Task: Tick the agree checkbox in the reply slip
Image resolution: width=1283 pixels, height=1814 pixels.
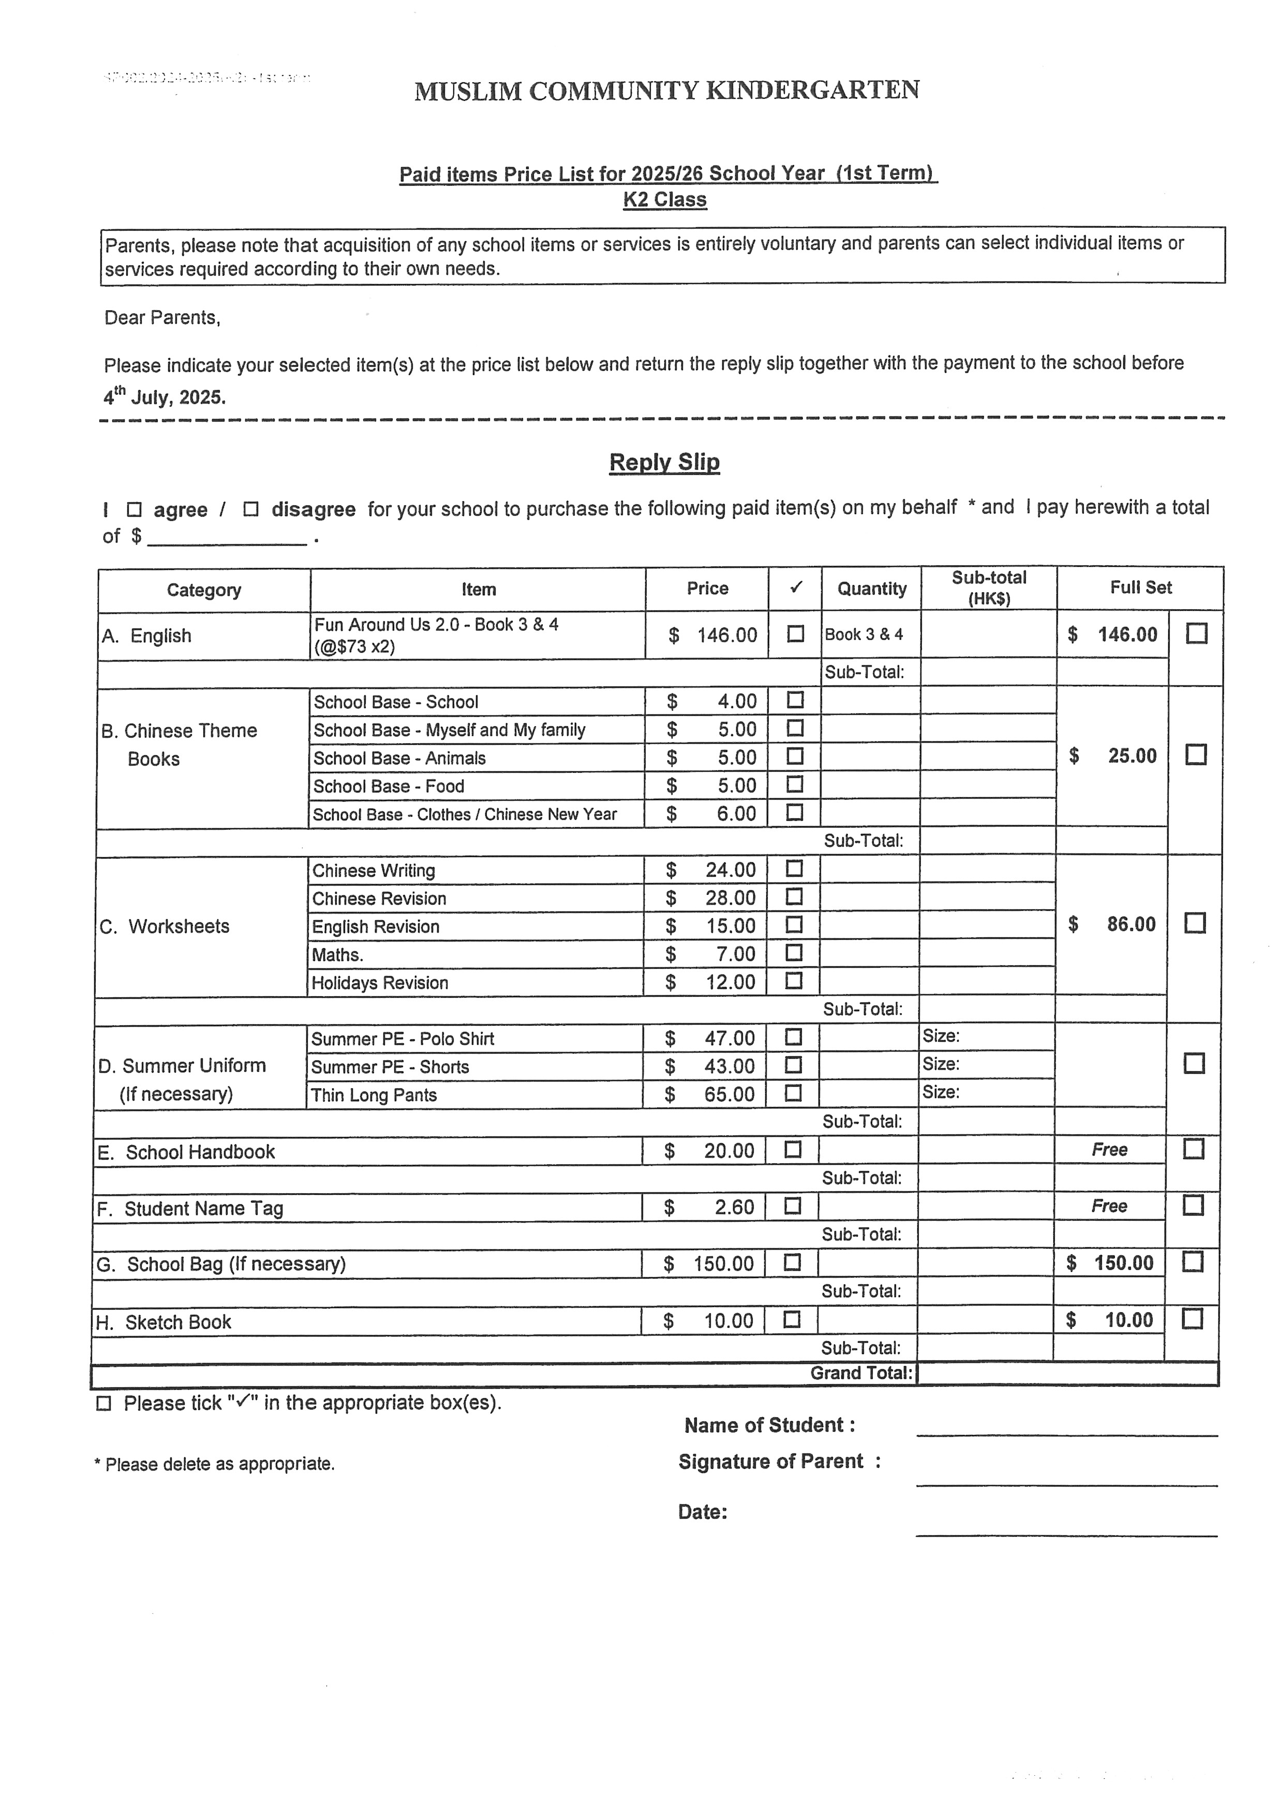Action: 133,509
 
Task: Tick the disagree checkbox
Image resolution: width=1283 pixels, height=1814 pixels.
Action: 251,509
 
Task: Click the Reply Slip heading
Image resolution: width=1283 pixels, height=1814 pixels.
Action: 664,462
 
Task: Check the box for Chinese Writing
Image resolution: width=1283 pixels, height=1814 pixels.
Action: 794,868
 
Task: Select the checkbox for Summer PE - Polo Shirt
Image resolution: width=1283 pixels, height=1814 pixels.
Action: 793,1037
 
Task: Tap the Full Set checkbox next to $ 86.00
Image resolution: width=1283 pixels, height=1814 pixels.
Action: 1195,923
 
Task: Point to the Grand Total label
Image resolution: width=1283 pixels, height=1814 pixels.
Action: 861,1372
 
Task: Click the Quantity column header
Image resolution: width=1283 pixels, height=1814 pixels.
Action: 871,589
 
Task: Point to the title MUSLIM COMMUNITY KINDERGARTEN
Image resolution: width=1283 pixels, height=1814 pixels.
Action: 666,91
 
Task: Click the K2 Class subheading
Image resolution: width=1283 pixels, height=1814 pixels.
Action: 664,200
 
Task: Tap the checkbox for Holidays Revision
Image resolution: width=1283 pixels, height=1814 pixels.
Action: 794,981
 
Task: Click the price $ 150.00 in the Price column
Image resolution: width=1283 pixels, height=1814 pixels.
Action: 709,1263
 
